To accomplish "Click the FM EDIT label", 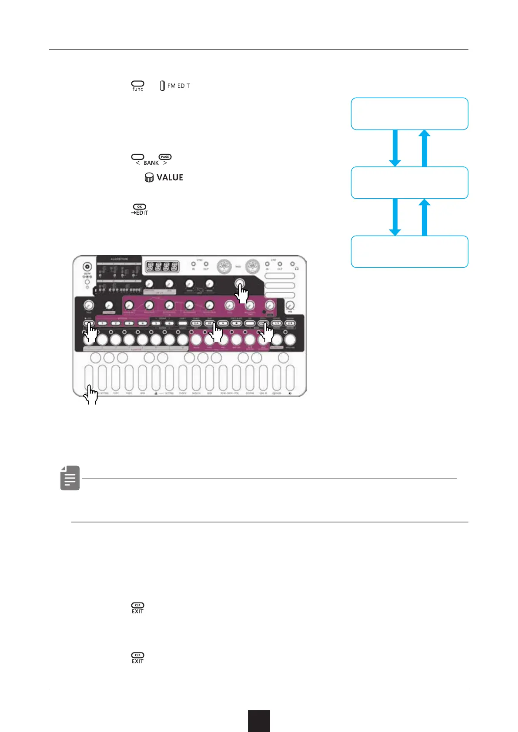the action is click(x=178, y=86).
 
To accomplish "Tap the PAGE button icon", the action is click(x=165, y=157).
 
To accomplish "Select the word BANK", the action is click(x=151, y=163).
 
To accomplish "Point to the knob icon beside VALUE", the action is click(x=149, y=177).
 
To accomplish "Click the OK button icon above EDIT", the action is click(x=139, y=206).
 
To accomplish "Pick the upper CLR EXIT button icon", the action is click(x=137, y=605).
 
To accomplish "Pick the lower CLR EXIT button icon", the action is click(x=137, y=655).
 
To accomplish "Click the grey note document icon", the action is click(x=70, y=478).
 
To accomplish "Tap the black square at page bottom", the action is click(x=259, y=721).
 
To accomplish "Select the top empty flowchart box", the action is click(x=409, y=114).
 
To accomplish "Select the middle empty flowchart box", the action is click(x=409, y=183).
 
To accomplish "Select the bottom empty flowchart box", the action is click(x=409, y=252).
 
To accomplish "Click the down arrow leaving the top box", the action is click(x=395, y=148).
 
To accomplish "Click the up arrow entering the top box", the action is click(x=424, y=148).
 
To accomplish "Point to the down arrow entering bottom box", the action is click(x=395, y=217).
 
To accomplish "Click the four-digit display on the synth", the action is click(x=162, y=266).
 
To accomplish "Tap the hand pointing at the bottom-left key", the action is click(x=91, y=395).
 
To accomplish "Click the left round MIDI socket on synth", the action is click(x=224, y=266).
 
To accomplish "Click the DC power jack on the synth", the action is click(x=87, y=267).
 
